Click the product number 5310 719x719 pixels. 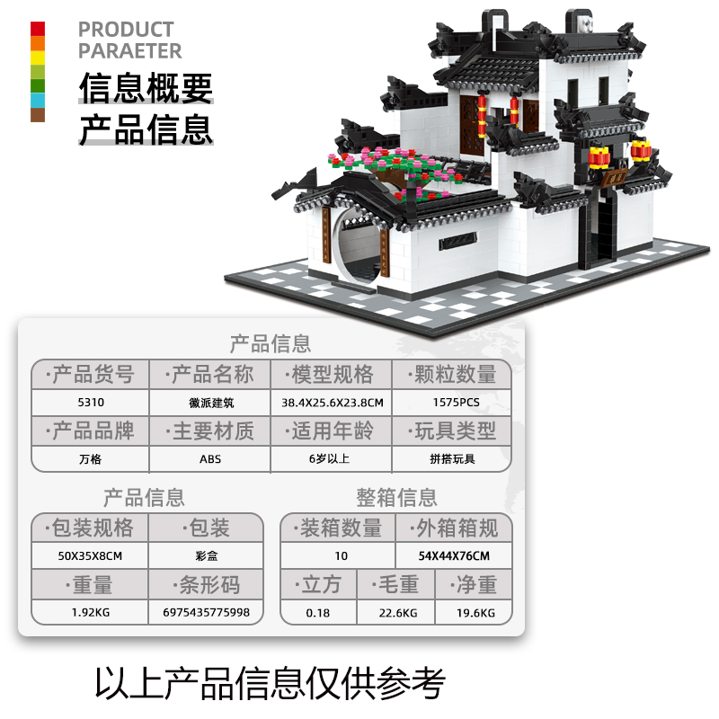click(x=91, y=402)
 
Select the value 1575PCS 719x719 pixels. click(x=456, y=402)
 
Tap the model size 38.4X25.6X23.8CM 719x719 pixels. click(x=332, y=403)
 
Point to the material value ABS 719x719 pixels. click(x=210, y=459)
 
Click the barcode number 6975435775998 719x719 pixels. click(x=206, y=612)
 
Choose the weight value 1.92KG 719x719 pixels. click(x=91, y=612)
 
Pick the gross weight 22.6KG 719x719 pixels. click(x=397, y=613)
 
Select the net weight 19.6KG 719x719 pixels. click(x=475, y=613)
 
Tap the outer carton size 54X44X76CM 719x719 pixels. click(x=454, y=555)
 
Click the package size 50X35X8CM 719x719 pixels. click(x=90, y=555)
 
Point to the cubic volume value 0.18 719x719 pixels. click(x=318, y=613)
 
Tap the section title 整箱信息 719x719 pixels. click(x=396, y=498)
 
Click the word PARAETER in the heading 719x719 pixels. click(x=129, y=50)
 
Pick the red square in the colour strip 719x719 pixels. click(x=38, y=29)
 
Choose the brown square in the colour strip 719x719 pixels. click(x=38, y=115)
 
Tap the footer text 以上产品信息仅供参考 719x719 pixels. click(x=271, y=683)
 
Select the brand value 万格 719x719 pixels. click(x=91, y=459)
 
